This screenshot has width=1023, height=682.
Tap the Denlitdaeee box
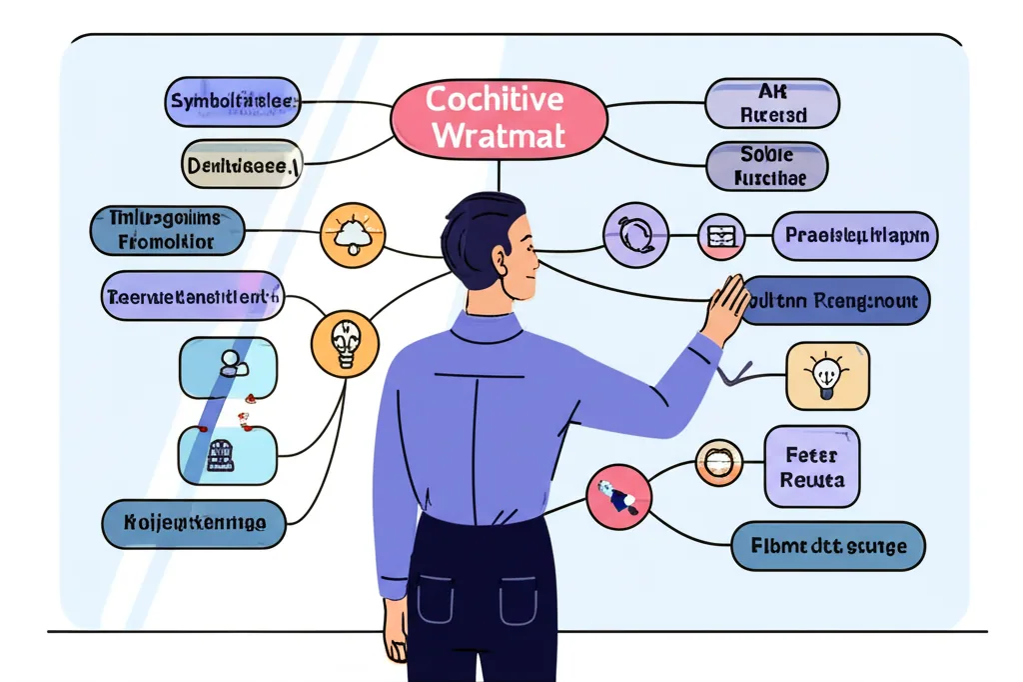[x=242, y=164]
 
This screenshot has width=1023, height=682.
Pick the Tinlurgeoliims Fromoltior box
[x=167, y=231]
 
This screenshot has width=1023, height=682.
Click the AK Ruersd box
[x=772, y=103]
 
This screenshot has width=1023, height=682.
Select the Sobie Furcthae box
[x=766, y=167]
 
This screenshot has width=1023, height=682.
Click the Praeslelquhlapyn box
[x=855, y=237]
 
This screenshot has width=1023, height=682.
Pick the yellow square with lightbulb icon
[x=827, y=376]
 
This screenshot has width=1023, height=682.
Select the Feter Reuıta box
[x=811, y=467]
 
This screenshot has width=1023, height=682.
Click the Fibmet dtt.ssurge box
[x=828, y=546]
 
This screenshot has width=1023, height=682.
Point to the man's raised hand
[x=725, y=308]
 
